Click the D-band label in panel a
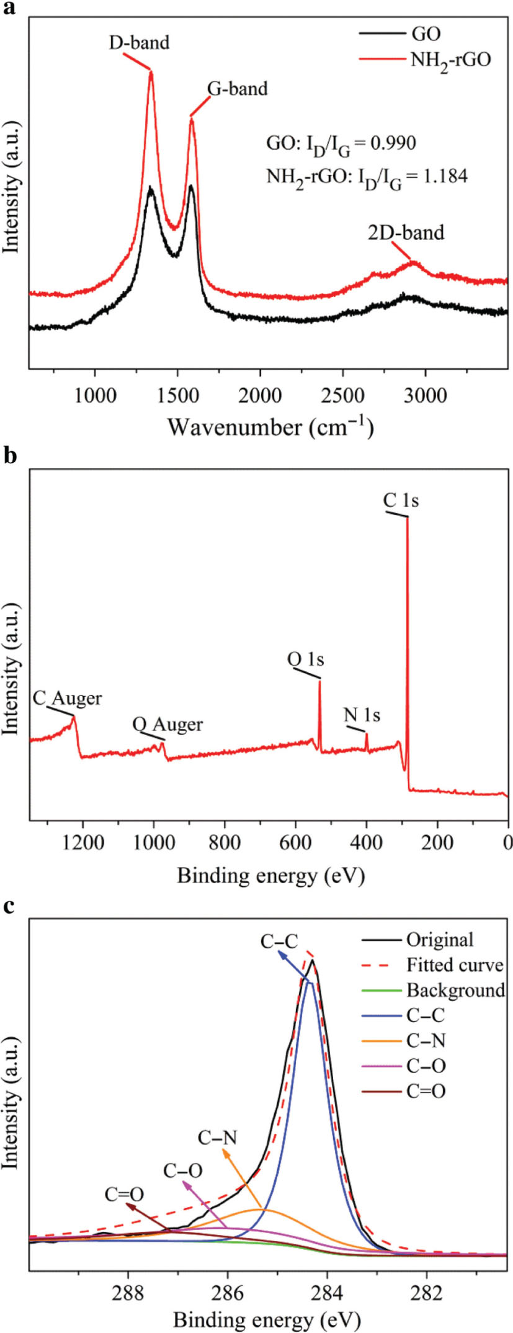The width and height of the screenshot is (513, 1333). [x=139, y=43]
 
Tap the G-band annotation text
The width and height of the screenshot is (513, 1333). [x=237, y=89]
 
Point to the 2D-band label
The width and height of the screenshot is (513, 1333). [x=406, y=232]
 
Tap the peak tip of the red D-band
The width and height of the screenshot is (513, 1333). [x=151, y=72]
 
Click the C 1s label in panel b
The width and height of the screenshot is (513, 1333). [x=401, y=500]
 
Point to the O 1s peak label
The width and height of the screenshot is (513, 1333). [x=305, y=658]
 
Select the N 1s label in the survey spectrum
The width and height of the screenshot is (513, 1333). [x=362, y=715]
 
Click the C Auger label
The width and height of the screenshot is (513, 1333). [x=67, y=698]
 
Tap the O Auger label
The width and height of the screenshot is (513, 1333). [x=167, y=724]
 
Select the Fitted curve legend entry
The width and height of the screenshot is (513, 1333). [x=454, y=965]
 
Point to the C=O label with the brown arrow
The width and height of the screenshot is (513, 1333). [x=124, y=1193]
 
